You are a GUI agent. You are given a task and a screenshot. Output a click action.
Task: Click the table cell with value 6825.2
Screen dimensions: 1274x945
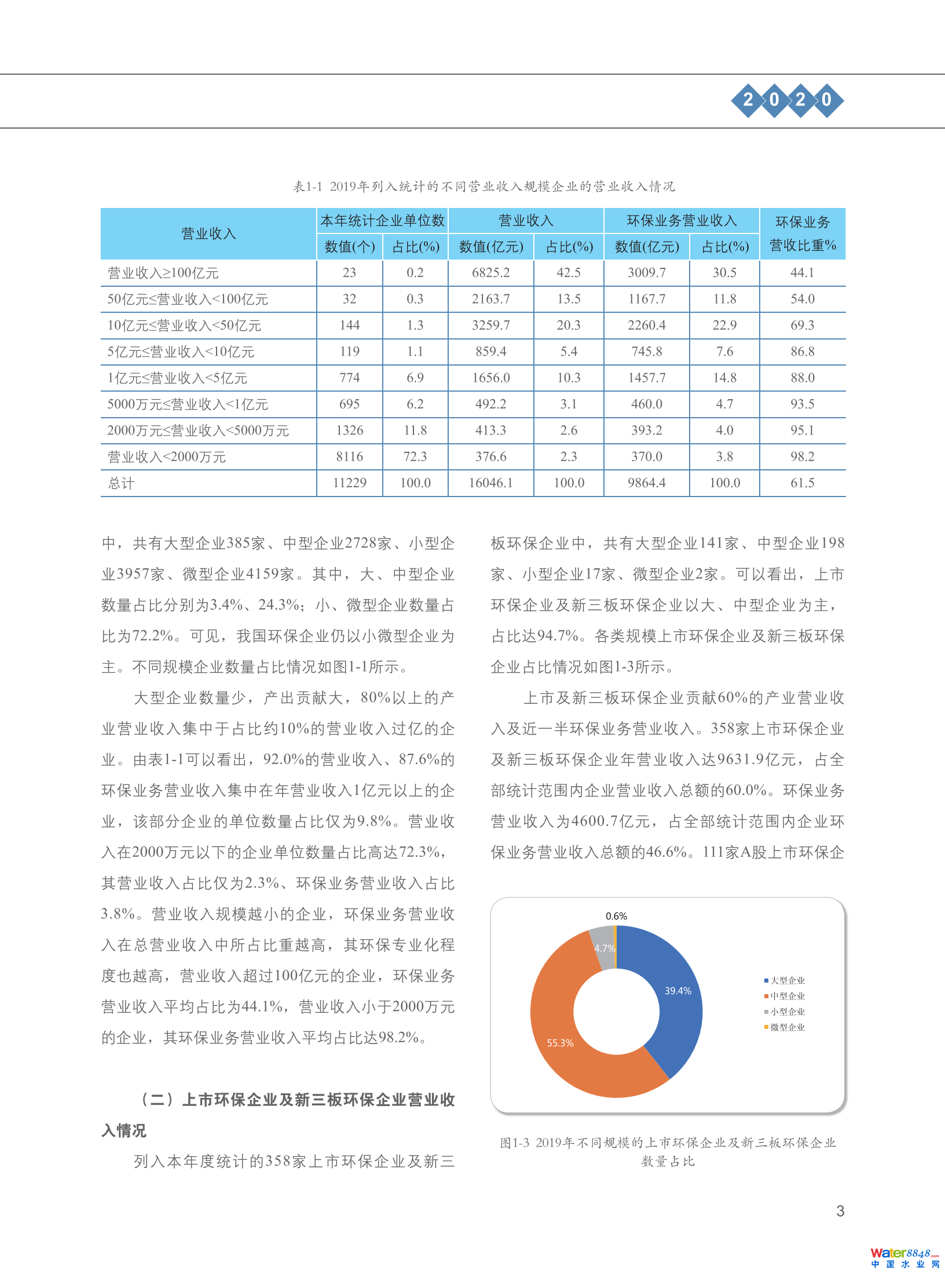click(x=490, y=273)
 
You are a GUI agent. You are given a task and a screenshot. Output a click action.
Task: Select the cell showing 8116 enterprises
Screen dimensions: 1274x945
click(x=349, y=457)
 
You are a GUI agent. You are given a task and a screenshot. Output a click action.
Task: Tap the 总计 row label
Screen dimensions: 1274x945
click(x=121, y=483)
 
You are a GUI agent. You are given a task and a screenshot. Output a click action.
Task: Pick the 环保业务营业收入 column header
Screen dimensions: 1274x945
click(x=682, y=221)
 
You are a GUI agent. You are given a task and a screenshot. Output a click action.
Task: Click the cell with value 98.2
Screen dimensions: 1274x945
click(x=802, y=457)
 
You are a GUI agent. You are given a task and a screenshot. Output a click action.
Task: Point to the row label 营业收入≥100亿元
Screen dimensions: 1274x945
click(x=163, y=273)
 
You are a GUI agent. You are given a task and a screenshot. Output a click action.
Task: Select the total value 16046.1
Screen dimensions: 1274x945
click(x=490, y=483)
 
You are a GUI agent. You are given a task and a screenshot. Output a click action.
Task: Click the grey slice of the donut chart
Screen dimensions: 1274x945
click(x=603, y=948)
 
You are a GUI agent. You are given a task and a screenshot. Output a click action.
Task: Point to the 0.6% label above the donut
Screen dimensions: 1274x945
click(x=616, y=916)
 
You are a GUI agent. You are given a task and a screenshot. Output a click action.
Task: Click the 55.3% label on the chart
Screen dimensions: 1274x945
click(x=560, y=1043)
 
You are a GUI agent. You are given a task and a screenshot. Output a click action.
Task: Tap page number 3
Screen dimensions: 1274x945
click(x=840, y=1211)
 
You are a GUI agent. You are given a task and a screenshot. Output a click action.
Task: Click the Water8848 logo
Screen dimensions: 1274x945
click(x=904, y=1257)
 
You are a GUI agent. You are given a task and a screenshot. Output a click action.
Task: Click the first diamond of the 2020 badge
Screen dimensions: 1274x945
click(x=748, y=100)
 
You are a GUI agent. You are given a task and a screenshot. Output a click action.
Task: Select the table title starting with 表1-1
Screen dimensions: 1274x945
click(x=484, y=187)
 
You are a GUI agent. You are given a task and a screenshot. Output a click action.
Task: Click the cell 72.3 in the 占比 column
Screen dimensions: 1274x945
click(x=415, y=457)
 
